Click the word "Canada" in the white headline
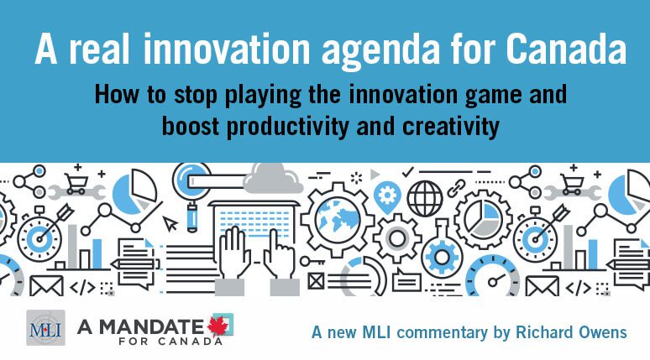tap(566, 49)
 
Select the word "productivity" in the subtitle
tap(287, 126)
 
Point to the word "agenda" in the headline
tap(380, 51)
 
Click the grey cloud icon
tap(273, 179)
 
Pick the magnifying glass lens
tap(191, 180)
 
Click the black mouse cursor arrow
tap(170, 224)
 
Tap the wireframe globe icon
tap(425, 198)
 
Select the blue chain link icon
tap(456, 188)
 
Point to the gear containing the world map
tap(337, 220)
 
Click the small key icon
tap(312, 262)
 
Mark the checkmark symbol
tap(408, 171)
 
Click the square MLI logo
tap(45, 327)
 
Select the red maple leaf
tap(218, 326)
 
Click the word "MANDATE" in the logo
tap(151, 327)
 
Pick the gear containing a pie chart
tap(483, 219)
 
